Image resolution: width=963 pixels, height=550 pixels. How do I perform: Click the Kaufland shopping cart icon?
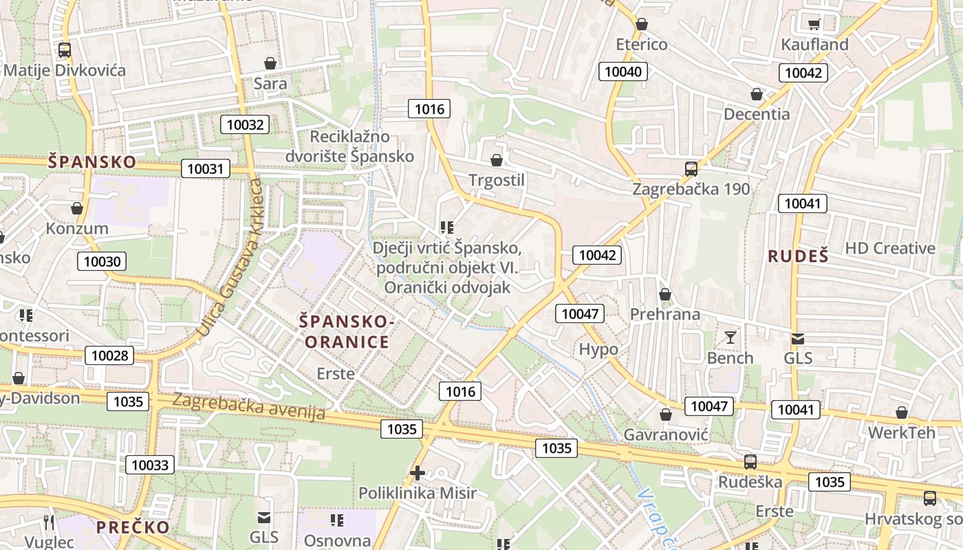pos(814,25)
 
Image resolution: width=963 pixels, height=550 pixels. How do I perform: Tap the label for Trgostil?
pos(496,180)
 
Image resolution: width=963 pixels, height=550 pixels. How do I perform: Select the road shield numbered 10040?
pos(623,71)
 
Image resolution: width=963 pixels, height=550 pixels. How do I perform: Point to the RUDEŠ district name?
pos(798,256)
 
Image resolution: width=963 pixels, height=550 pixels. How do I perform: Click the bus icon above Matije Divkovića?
pos(65,49)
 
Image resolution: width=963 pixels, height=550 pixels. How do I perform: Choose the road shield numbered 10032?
pos(244,124)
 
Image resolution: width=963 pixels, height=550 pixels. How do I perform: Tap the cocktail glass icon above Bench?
pos(730,337)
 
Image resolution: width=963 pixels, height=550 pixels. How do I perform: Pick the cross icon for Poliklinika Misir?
pos(417,473)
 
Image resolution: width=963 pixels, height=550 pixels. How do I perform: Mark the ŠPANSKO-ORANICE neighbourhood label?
pos(347,331)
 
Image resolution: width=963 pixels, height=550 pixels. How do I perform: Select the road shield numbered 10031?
pos(205,168)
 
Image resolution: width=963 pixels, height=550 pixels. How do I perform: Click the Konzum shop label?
pos(77,228)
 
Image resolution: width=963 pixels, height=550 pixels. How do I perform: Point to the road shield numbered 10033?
pos(150,465)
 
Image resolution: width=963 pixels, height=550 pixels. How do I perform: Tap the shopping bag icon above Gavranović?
pos(665,415)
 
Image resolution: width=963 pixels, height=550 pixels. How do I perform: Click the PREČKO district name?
pos(133,527)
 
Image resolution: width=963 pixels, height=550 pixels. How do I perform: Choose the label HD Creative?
pos(889,248)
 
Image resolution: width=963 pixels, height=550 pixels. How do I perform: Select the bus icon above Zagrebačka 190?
pos(691,168)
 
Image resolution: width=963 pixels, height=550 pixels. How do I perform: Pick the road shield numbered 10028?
pos(109,355)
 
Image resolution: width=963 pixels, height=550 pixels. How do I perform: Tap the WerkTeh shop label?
pos(902,432)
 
